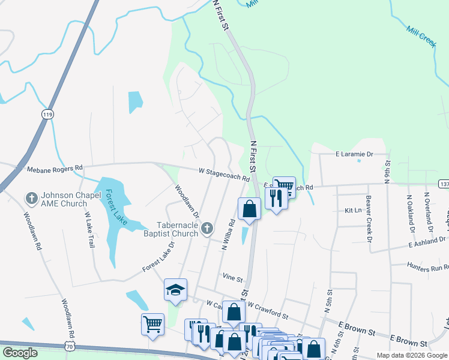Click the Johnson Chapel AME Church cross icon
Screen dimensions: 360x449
pos(31,197)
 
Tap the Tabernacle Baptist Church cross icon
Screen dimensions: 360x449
pos(207,227)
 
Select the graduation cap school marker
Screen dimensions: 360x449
pos(175,290)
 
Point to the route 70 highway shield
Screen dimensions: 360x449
pos(71,346)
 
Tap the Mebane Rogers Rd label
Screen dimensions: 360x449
pos(55,169)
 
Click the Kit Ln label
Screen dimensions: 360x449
pos(353,211)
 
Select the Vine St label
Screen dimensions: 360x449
pos(232,278)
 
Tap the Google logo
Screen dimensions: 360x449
pos(20,353)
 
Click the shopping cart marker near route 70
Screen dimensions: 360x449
pos(152,325)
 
